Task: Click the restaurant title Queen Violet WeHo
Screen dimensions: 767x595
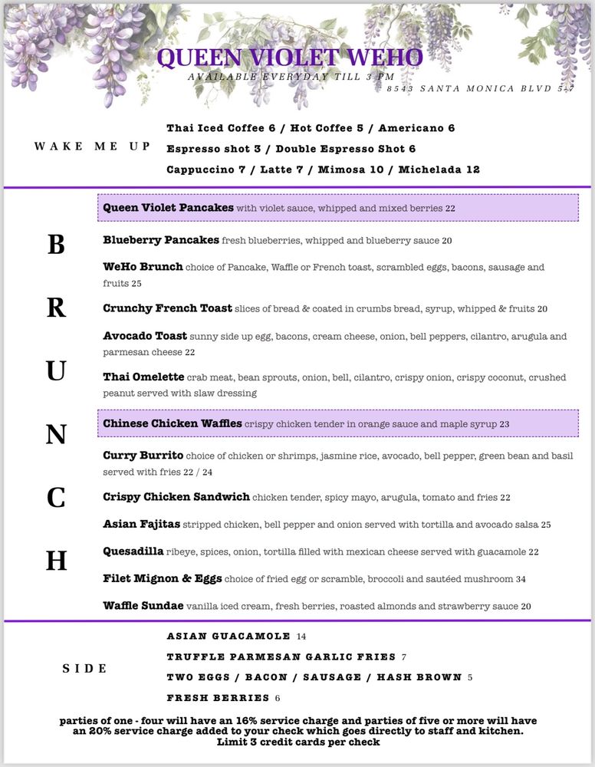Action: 290,58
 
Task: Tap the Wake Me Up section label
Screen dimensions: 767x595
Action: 92,146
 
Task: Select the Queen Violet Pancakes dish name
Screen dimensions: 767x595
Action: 168,208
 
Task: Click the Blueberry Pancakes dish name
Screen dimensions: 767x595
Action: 161,240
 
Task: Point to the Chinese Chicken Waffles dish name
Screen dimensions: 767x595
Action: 173,423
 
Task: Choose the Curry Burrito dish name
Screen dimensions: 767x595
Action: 143,456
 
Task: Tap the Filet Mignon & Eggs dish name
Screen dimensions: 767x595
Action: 163,578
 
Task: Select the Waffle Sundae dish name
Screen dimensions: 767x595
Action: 143,606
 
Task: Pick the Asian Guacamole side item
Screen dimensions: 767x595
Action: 228,636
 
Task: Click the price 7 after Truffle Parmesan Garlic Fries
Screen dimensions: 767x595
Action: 403,657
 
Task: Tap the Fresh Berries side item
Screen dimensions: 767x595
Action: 218,698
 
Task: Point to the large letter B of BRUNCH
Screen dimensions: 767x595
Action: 56,245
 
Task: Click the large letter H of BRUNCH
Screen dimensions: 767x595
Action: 56,561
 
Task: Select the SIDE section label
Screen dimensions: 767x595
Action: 84,669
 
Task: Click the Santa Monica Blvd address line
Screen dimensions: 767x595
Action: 480,89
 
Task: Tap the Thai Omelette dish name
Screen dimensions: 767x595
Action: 143,377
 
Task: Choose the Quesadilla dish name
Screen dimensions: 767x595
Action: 133,551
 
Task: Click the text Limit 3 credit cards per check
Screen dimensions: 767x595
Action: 298,742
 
